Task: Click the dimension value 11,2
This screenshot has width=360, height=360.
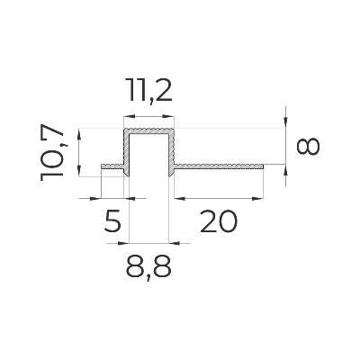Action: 148,91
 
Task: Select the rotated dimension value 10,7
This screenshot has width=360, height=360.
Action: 52,152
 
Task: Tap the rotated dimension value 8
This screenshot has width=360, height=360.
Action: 308,147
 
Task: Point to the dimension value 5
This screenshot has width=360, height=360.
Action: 112,221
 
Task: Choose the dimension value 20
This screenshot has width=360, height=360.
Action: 219,221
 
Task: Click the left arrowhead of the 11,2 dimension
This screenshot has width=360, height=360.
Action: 129,116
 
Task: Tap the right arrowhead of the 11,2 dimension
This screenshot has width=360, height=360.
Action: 169,116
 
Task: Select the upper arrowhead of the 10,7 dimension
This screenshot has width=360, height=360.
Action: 79,134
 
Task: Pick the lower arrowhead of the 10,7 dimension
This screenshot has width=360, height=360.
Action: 79,171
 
